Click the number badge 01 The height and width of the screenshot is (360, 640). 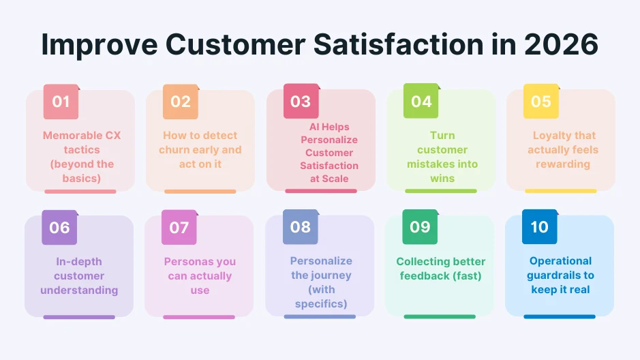(61, 102)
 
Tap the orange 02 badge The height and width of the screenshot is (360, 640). (181, 102)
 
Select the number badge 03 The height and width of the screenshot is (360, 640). (301, 102)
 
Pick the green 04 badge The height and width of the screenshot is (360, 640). (421, 102)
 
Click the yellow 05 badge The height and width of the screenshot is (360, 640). (540, 102)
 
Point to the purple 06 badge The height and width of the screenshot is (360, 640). (59, 227)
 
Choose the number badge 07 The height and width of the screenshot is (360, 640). (179, 227)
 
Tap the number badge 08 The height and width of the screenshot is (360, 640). (301, 227)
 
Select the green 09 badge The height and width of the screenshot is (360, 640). (420, 227)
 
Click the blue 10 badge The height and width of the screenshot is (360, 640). (539, 227)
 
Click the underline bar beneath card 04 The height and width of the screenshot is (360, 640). (440, 191)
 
